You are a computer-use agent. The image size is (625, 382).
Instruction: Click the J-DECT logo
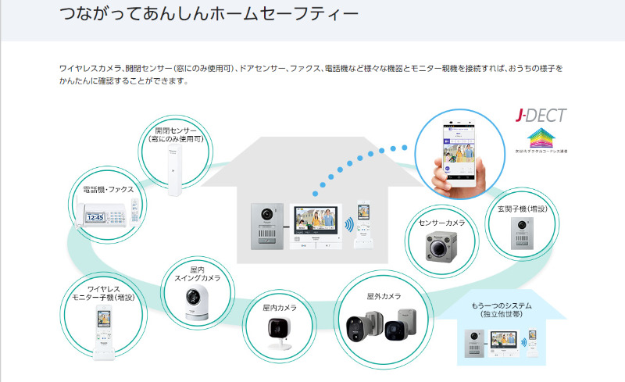pos(541,116)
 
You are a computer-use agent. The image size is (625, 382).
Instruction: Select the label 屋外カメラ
pos(384,296)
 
